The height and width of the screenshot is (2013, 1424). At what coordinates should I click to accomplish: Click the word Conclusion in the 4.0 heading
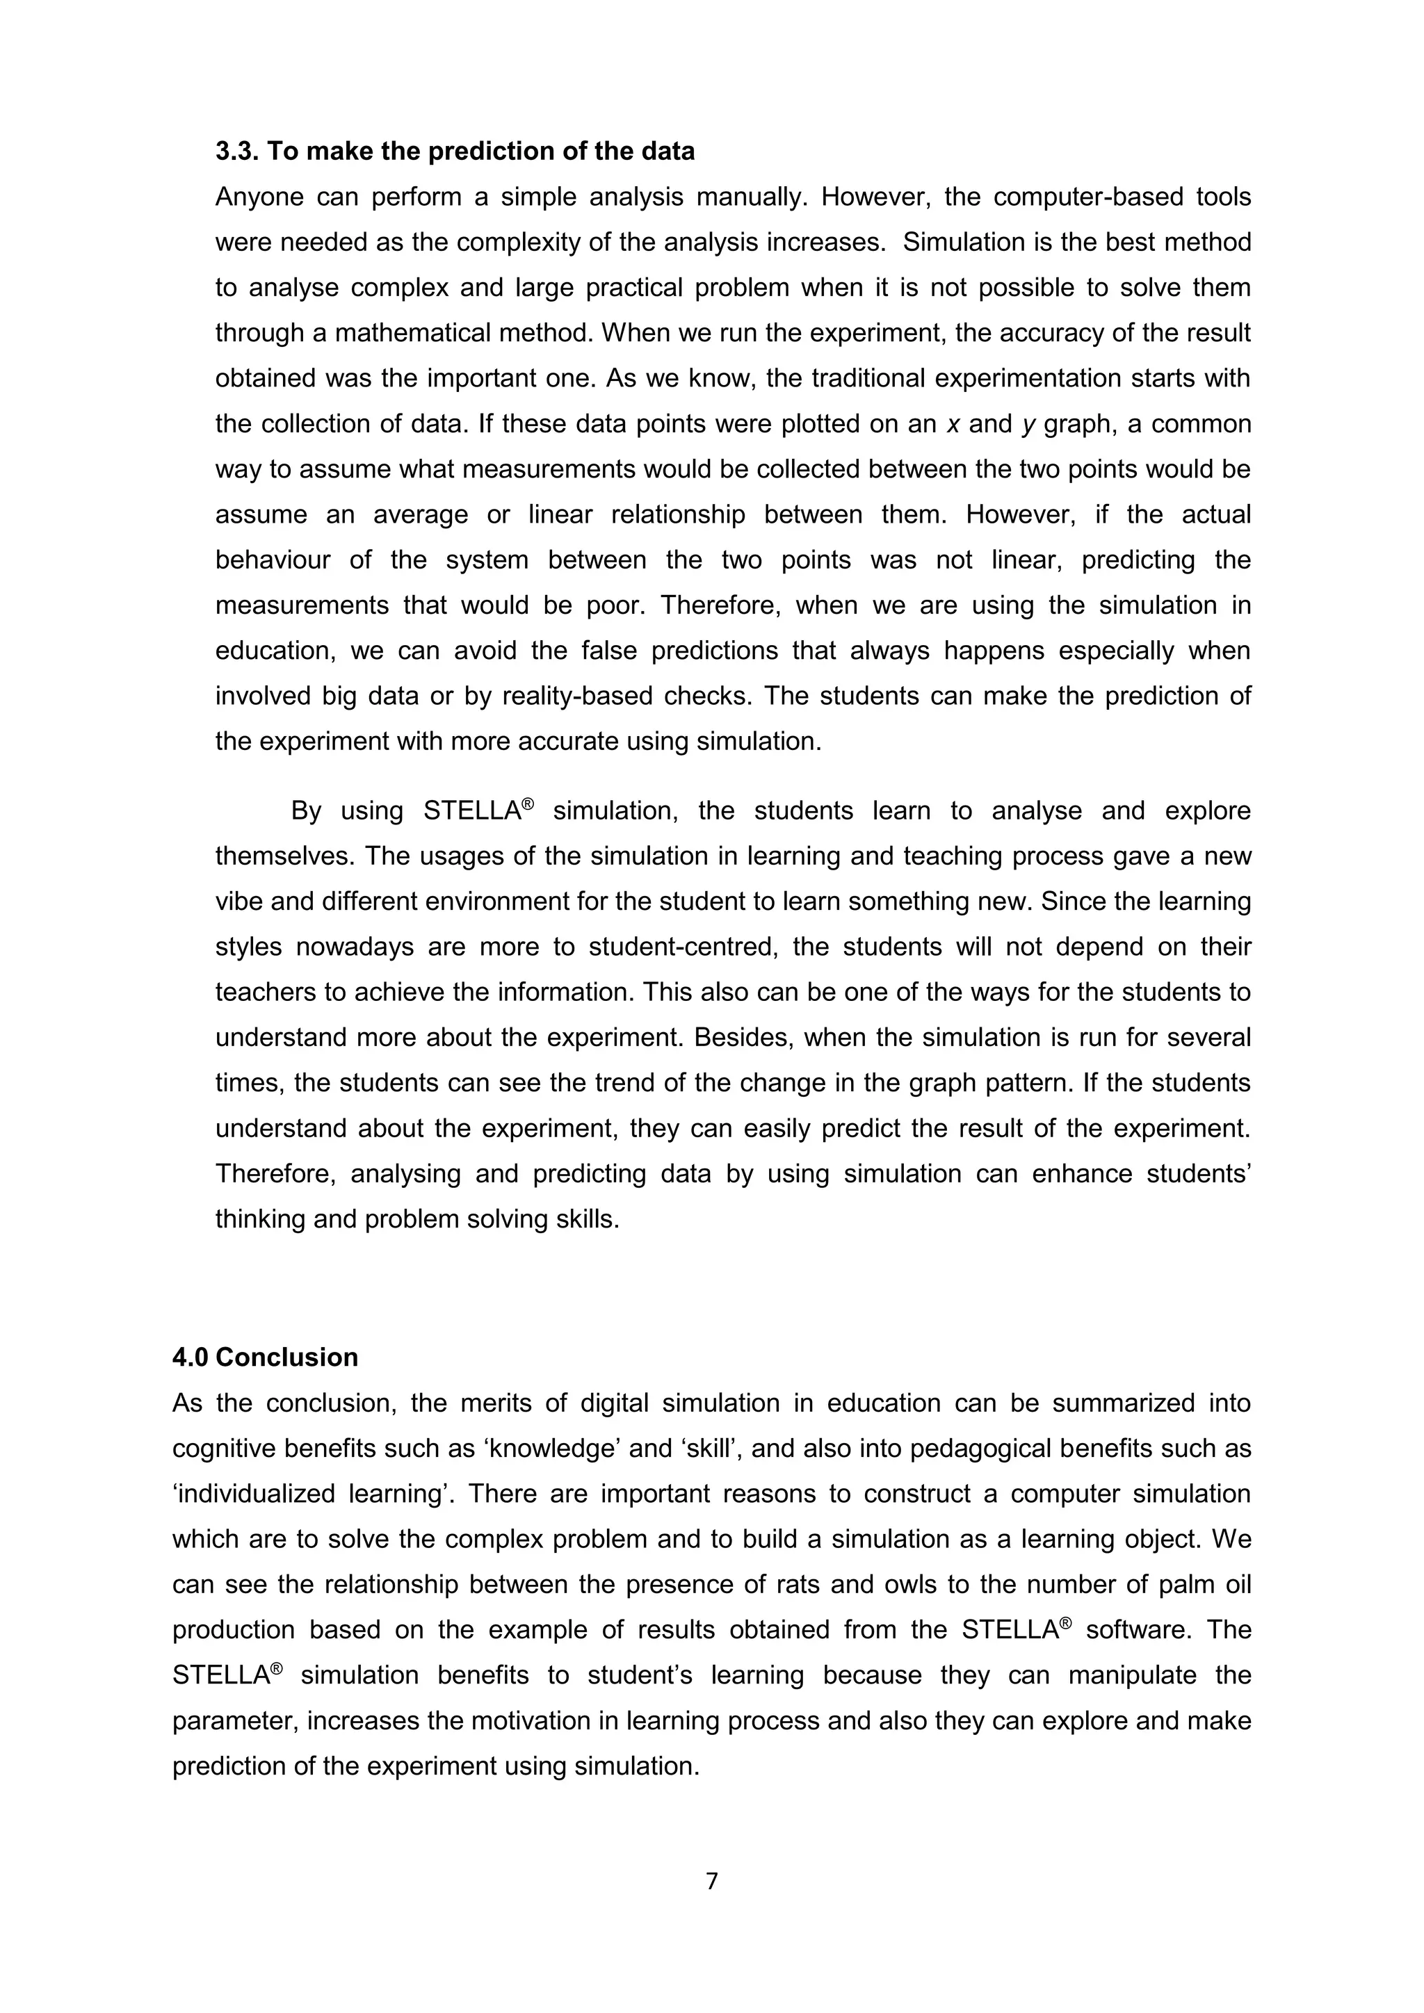286,1358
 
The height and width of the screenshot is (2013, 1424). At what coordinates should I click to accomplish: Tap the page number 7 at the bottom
711,1881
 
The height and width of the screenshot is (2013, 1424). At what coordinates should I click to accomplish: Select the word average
420,514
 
